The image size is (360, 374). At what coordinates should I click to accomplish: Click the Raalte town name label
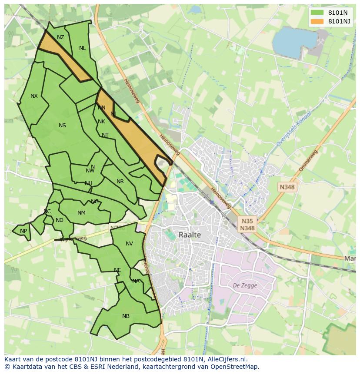(190, 235)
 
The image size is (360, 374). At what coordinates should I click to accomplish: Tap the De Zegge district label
(245, 285)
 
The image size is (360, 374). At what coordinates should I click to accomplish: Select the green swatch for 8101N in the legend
(317, 13)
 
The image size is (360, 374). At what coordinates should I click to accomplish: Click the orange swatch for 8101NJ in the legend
(317, 21)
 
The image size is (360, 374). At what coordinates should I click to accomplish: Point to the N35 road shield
(247, 221)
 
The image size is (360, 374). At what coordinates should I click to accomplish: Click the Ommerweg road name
(308, 161)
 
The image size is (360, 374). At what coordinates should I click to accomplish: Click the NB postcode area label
(126, 316)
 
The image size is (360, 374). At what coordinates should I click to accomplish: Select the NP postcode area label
(23, 231)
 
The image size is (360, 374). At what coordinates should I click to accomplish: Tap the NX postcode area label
(34, 96)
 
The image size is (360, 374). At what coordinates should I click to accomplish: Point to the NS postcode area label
(62, 126)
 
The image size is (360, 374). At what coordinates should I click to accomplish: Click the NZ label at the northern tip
(60, 37)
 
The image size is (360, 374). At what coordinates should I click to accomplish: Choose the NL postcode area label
(82, 48)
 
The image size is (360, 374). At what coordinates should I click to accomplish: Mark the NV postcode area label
(129, 244)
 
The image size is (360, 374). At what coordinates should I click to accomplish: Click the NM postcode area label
(81, 213)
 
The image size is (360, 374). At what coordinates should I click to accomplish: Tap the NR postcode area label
(120, 182)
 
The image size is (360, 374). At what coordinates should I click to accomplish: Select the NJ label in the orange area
(113, 114)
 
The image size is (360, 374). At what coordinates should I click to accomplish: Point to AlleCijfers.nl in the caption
(226, 359)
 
